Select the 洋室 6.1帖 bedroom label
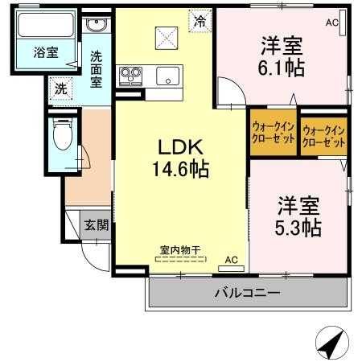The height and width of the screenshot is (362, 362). pos(282,56)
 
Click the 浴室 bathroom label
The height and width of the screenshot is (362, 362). pos(45,54)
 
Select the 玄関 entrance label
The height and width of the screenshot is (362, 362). pos(97,225)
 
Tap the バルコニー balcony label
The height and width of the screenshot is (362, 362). pos(247,293)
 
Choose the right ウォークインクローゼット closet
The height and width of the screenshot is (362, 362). pos(324,134)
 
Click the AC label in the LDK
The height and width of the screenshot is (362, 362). pos(231,260)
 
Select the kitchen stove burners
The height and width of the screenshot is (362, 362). pos(130,77)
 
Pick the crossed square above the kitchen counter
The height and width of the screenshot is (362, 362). pos(166,35)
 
